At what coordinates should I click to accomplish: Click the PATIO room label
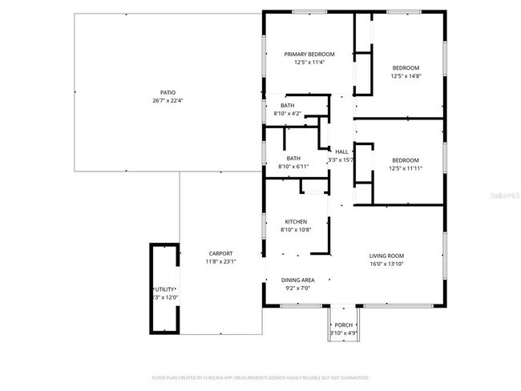(168, 92)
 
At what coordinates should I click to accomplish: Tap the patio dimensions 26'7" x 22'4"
(168, 101)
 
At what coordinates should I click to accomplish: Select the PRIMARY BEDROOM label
(309, 54)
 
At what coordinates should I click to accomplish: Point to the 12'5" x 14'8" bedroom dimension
(406, 76)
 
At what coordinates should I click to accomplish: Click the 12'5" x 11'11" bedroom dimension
(406, 167)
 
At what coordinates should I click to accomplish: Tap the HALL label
(341, 151)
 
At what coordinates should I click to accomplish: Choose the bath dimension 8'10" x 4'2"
(287, 114)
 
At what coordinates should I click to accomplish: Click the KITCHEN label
(296, 221)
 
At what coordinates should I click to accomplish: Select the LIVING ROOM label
(386, 255)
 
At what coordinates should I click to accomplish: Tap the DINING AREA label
(297, 280)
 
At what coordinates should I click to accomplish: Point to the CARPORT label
(220, 253)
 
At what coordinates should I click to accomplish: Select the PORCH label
(343, 324)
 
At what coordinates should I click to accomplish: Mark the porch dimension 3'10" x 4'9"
(343, 333)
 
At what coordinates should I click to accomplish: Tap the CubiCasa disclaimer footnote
(260, 377)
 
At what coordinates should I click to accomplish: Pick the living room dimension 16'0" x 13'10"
(386, 264)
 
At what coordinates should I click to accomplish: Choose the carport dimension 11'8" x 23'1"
(220, 261)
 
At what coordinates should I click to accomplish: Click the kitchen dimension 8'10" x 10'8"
(296, 230)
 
